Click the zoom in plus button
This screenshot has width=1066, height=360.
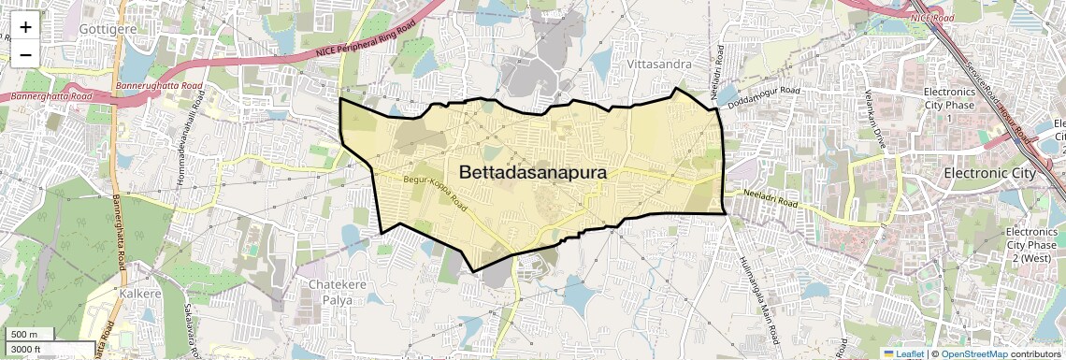tap(25, 26)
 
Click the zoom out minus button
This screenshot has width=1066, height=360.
tap(25, 54)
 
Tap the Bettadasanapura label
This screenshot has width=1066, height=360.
tap(533, 173)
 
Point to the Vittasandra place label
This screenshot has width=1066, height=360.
tap(659, 65)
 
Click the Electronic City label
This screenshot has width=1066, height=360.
tap(990, 174)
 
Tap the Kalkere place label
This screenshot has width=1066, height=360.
tap(141, 294)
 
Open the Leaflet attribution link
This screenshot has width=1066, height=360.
tap(903, 353)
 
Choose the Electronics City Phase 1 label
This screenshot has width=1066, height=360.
tap(949, 105)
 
